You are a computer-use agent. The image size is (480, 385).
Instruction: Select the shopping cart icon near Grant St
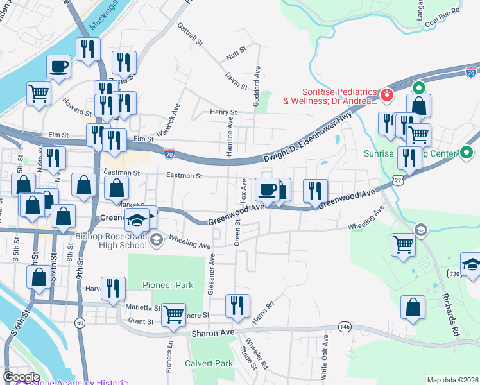click(x=173, y=316)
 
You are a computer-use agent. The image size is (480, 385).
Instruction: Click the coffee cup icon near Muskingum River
click(x=58, y=67)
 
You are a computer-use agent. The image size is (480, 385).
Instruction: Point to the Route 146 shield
click(x=345, y=327)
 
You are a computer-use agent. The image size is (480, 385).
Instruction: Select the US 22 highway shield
click(x=399, y=182)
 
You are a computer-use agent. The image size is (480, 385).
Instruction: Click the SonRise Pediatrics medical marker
click(x=386, y=96)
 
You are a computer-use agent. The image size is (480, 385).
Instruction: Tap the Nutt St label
click(x=237, y=49)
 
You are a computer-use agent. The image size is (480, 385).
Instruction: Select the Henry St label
click(x=224, y=112)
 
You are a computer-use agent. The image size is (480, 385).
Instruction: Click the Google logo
click(x=21, y=377)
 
